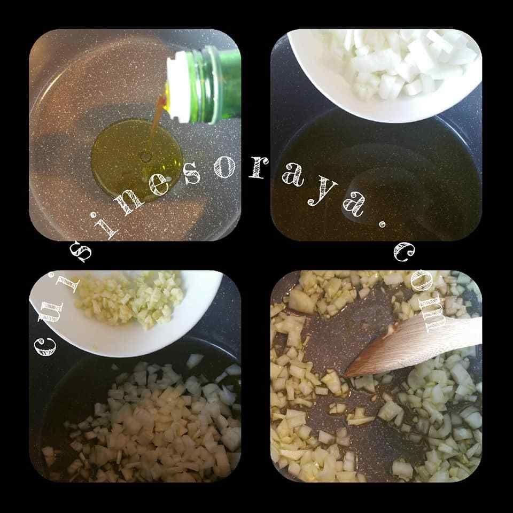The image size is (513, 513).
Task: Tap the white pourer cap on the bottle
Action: pyautogui.click(x=178, y=88)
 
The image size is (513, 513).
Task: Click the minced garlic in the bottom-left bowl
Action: pyautogui.click(x=129, y=299)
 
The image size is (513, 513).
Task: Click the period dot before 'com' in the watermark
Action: pyautogui.click(x=382, y=224)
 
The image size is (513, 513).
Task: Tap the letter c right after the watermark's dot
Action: pyautogui.click(x=404, y=252)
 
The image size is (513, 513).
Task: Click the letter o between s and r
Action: pyautogui.click(x=225, y=167)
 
